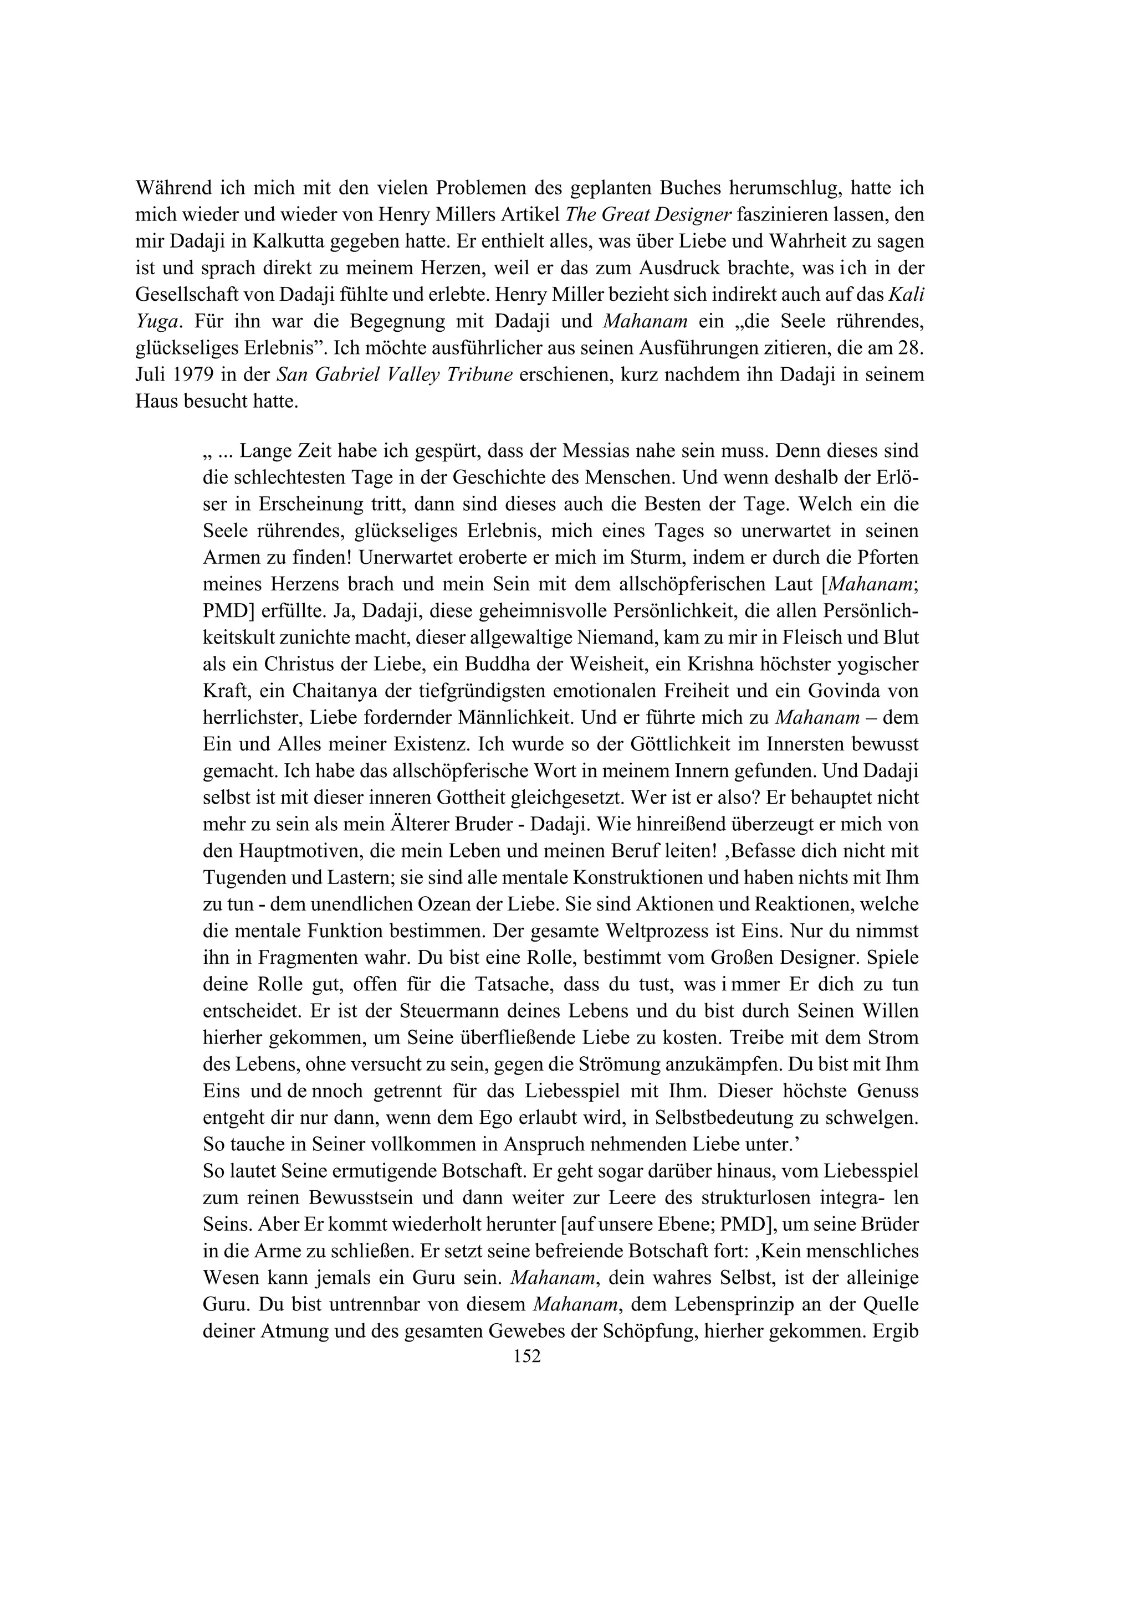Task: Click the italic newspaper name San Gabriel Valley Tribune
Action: (x=396, y=375)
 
